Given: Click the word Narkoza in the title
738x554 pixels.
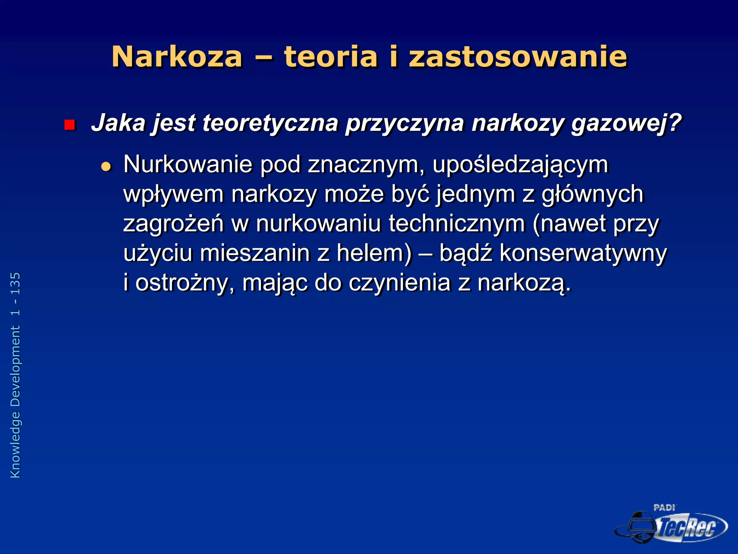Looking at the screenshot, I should [x=177, y=57].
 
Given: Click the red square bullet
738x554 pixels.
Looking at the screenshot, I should [x=69, y=125].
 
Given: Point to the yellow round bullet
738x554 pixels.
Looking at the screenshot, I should [x=106, y=166].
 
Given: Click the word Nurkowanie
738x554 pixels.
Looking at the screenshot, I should [x=188, y=164].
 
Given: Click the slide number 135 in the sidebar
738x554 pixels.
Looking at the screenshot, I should [x=15, y=284].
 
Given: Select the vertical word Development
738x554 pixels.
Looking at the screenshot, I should [x=15, y=366].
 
